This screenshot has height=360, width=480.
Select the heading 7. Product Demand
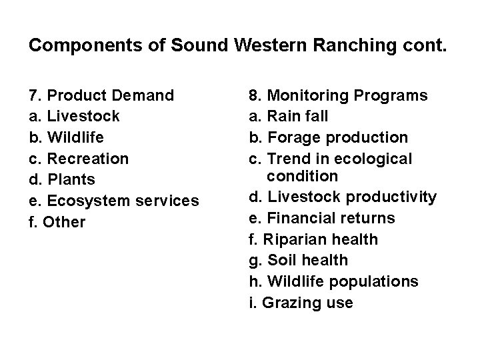102,95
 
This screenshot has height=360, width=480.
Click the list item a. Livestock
75,117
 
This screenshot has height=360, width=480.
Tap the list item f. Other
58,222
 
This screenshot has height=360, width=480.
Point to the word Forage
297,137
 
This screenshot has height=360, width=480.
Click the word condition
303,176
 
